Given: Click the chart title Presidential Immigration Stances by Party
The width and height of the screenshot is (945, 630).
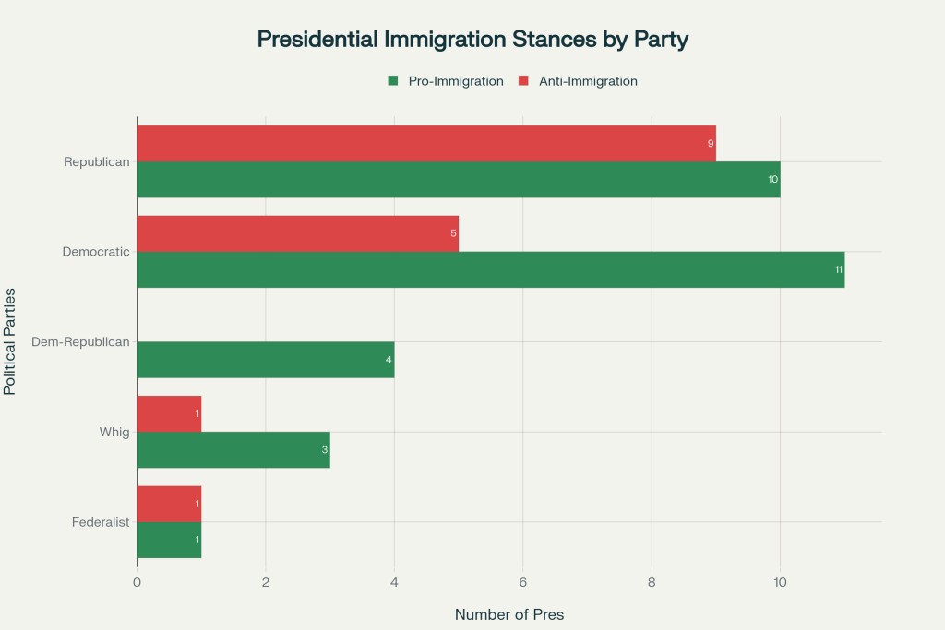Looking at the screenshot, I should [x=472, y=39].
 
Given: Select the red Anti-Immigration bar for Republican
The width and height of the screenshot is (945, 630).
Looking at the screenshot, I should [x=425, y=144].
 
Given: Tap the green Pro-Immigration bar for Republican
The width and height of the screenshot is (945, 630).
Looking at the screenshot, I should [x=458, y=180].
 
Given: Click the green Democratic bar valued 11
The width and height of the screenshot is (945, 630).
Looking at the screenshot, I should [x=490, y=269].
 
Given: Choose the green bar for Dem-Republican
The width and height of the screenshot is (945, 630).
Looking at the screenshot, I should [x=265, y=360].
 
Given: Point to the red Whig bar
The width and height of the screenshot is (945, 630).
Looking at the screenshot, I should [x=169, y=414].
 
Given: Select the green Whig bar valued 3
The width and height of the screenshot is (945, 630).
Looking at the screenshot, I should [x=233, y=450].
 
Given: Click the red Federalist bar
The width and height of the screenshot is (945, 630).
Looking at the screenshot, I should [x=169, y=504].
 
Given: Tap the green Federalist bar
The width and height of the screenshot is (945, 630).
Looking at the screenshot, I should [x=169, y=540].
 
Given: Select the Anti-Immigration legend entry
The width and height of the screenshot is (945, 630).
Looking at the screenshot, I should [x=578, y=81].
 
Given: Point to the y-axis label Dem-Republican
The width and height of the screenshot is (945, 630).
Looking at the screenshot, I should [x=80, y=342].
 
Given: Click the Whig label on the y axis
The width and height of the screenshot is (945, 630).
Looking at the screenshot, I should [x=114, y=432].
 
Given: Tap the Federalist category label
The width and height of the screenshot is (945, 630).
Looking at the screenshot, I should [x=101, y=522].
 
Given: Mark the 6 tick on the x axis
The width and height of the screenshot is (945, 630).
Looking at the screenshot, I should [x=522, y=582].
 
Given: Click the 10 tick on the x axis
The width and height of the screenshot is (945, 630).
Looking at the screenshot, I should [x=780, y=582].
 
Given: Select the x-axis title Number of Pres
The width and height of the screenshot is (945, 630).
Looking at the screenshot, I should [x=509, y=614].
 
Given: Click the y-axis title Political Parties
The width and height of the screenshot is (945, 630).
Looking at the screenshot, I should [x=10, y=341].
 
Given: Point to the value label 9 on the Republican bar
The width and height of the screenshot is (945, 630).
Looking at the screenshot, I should [x=710, y=144].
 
